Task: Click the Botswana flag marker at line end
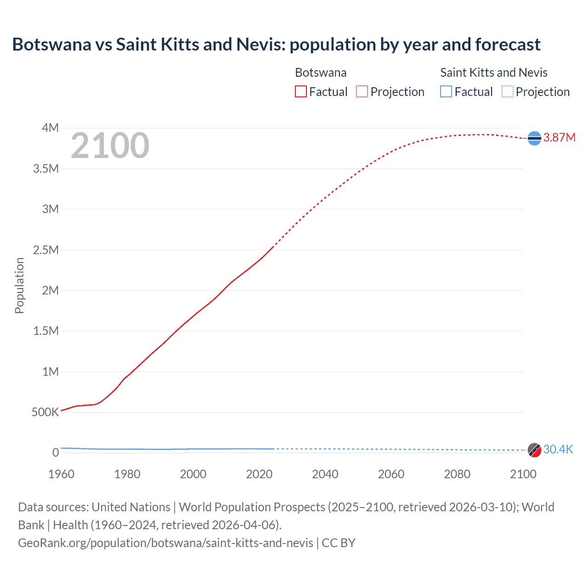(534, 138)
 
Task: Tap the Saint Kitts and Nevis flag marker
(534, 450)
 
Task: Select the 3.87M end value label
(560, 137)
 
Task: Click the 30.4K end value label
(558, 449)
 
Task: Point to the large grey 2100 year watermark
(110, 146)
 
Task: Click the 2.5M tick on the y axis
(46, 250)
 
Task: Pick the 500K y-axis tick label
(45, 412)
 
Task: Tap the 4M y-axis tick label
(50, 128)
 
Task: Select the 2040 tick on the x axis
(325, 474)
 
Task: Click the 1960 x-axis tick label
(61, 474)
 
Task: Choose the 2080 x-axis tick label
(457, 474)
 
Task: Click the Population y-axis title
(19, 286)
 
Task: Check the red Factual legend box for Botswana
(301, 91)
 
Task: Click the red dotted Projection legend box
(362, 91)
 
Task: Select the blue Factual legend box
(446, 91)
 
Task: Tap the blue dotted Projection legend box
(507, 91)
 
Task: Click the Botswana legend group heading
(321, 73)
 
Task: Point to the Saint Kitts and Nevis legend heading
(494, 73)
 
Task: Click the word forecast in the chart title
(508, 45)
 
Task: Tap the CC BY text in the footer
(339, 543)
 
